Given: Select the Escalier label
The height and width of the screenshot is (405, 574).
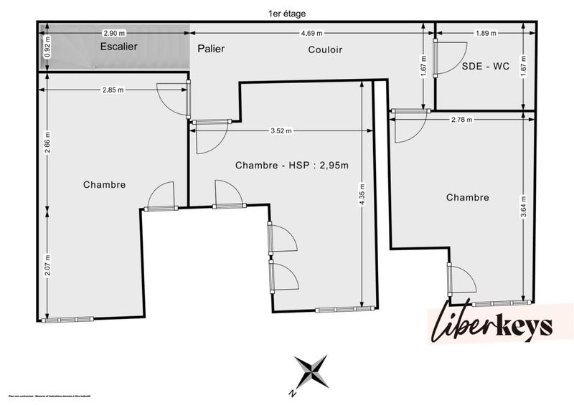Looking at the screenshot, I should click(x=118, y=46).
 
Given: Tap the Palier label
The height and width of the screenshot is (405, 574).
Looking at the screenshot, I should click(x=211, y=49).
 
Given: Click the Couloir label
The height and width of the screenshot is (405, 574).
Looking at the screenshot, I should click(x=325, y=49).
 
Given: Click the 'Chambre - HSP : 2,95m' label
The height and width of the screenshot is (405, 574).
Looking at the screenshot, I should click(x=291, y=166).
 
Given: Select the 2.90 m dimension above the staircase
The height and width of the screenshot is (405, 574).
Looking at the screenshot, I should click(x=114, y=33).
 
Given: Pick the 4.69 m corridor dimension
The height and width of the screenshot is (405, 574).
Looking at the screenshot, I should click(x=311, y=33).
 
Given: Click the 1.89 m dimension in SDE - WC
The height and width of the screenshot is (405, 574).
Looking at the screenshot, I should click(x=486, y=33).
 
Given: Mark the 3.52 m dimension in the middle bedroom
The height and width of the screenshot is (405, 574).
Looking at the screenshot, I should click(x=282, y=131).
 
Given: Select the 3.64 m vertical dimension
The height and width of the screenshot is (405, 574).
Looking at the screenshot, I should click(x=524, y=206).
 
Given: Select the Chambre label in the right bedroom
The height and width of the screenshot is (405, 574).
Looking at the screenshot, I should click(x=467, y=197).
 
